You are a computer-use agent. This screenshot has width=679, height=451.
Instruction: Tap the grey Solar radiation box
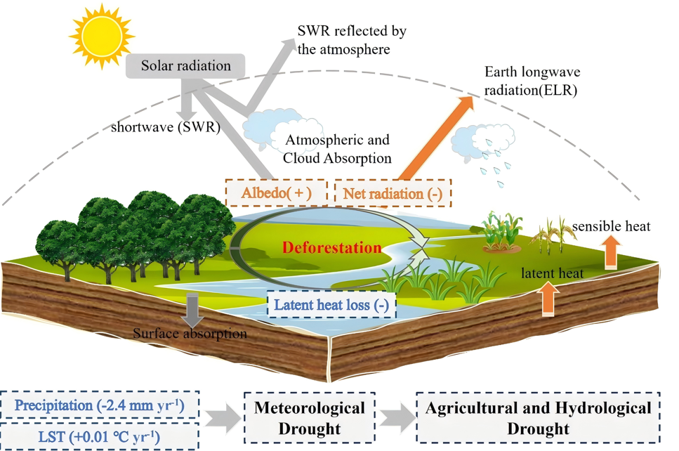(x=186, y=66)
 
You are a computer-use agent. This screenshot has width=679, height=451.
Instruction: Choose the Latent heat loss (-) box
(x=331, y=305)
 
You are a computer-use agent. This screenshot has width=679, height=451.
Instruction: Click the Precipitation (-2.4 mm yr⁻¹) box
(x=100, y=406)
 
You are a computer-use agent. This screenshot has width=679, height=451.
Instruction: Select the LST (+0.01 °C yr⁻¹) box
(x=100, y=436)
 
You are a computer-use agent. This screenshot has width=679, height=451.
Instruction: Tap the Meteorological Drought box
(x=309, y=418)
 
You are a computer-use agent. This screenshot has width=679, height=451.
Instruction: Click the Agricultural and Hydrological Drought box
(x=539, y=418)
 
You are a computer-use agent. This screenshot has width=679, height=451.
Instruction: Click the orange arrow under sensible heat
(x=612, y=252)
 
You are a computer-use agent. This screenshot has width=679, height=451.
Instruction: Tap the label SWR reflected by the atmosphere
(x=352, y=41)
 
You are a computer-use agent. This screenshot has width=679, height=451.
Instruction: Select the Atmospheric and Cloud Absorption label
(x=337, y=150)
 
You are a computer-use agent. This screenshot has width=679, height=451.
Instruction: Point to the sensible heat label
(x=611, y=226)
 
